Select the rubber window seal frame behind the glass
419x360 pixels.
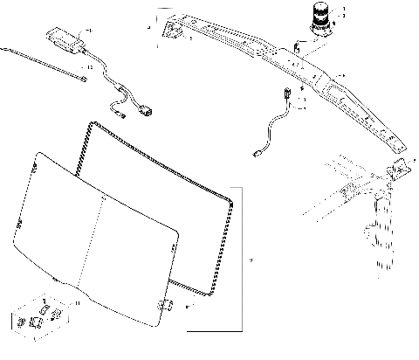[x=157, y=201]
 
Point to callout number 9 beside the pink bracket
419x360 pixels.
[x=251, y=260]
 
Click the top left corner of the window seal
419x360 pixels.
[x=89, y=128]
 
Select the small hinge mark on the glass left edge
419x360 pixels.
[x=18, y=232]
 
